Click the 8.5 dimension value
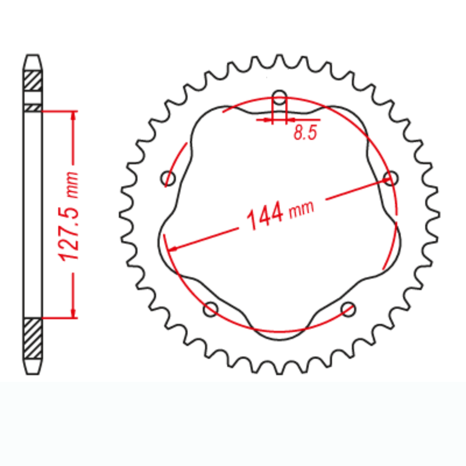tap(305, 133)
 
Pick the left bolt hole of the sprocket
tap(168, 178)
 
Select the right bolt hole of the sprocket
tap(391, 178)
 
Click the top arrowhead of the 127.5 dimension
tap(73, 115)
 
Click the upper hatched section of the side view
tap(33, 80)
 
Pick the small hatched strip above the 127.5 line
tap(33, 108)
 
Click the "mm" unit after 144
tap(301, 209)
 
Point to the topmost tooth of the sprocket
tap(279, 58)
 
